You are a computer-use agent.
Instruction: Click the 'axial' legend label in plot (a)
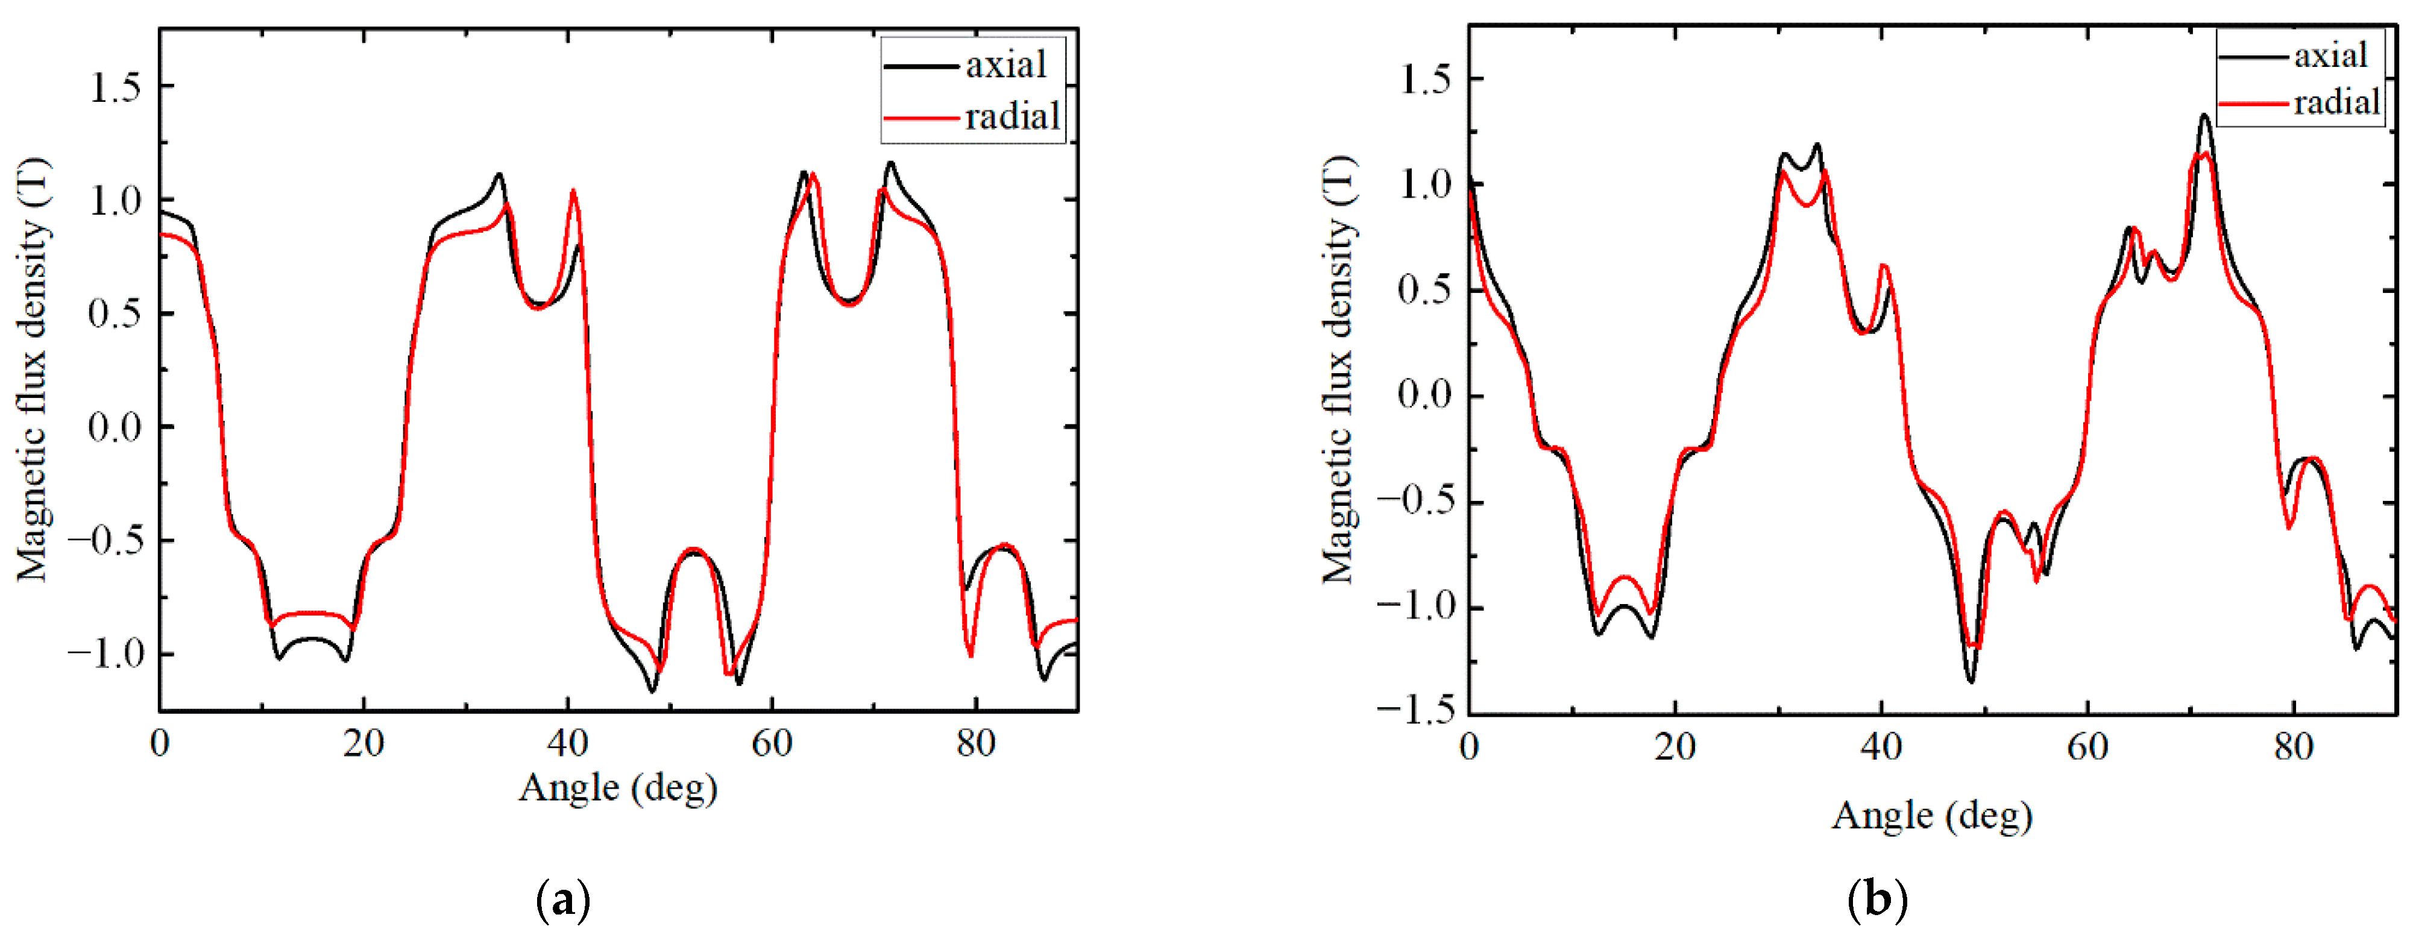1005,65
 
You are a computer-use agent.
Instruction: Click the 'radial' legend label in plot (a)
1012,116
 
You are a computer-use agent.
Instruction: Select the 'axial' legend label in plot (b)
2330,55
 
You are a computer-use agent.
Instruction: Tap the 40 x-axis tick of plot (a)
567,743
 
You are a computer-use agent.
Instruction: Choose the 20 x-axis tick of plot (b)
1675,748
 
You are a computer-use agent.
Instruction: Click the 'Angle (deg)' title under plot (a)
618,787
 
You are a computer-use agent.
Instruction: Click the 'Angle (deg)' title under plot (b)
1932,816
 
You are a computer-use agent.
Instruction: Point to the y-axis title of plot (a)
32,370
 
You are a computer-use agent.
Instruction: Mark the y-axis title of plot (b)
1339,370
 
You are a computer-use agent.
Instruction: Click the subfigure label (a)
563,901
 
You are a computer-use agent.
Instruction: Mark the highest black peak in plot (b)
2204,115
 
